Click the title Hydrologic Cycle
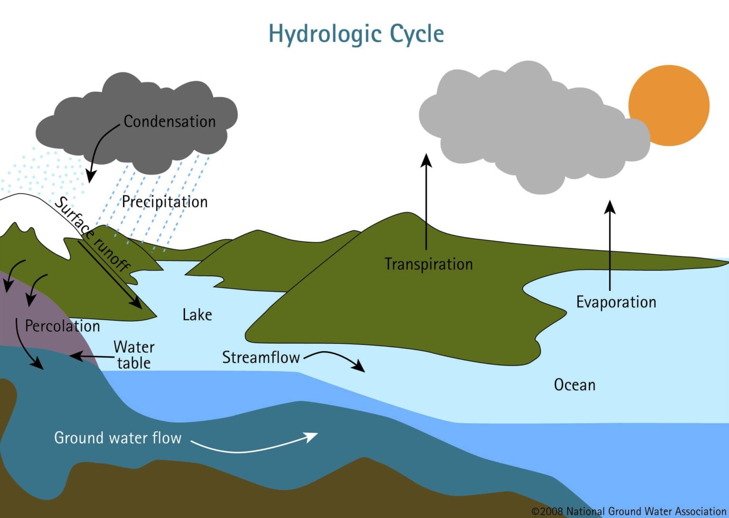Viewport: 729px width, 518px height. click(356, 34)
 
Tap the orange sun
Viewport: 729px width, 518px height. click(669, 105)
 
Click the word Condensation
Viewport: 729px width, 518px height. click(169, 121)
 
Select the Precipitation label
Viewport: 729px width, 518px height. click(165, 202)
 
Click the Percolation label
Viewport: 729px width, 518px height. click(62, 326)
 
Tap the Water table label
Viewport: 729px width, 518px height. click(134, 354)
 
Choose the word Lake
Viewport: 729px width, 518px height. click(197, 314)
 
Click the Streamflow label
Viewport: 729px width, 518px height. click(261, 357)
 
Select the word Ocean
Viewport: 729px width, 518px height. click(574, 385)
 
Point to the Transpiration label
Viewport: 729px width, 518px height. click(429, 264)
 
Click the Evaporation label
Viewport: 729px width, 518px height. click(616, 302)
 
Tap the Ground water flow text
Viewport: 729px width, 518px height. click(118, 437)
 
